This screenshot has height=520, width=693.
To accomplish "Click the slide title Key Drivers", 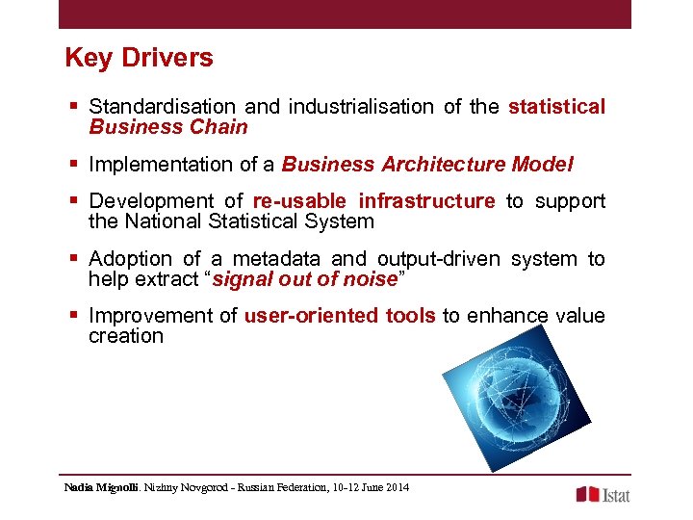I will [x=139, y=58].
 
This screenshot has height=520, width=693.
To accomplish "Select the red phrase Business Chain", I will [x=167, y=127].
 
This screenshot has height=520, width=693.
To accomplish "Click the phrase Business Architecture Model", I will [x=427, y=165].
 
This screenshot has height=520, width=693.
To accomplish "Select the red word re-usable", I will [x=300, y=201].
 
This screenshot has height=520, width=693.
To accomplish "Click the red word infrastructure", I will [x=426, y=201].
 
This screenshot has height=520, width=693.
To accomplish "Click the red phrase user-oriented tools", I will [x=340, y=316].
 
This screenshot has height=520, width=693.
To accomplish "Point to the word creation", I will [x=126, y=336].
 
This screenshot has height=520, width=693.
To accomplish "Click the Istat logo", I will [x=603, y=494].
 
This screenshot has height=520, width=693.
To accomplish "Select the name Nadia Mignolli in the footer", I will [x=101, y=487].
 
